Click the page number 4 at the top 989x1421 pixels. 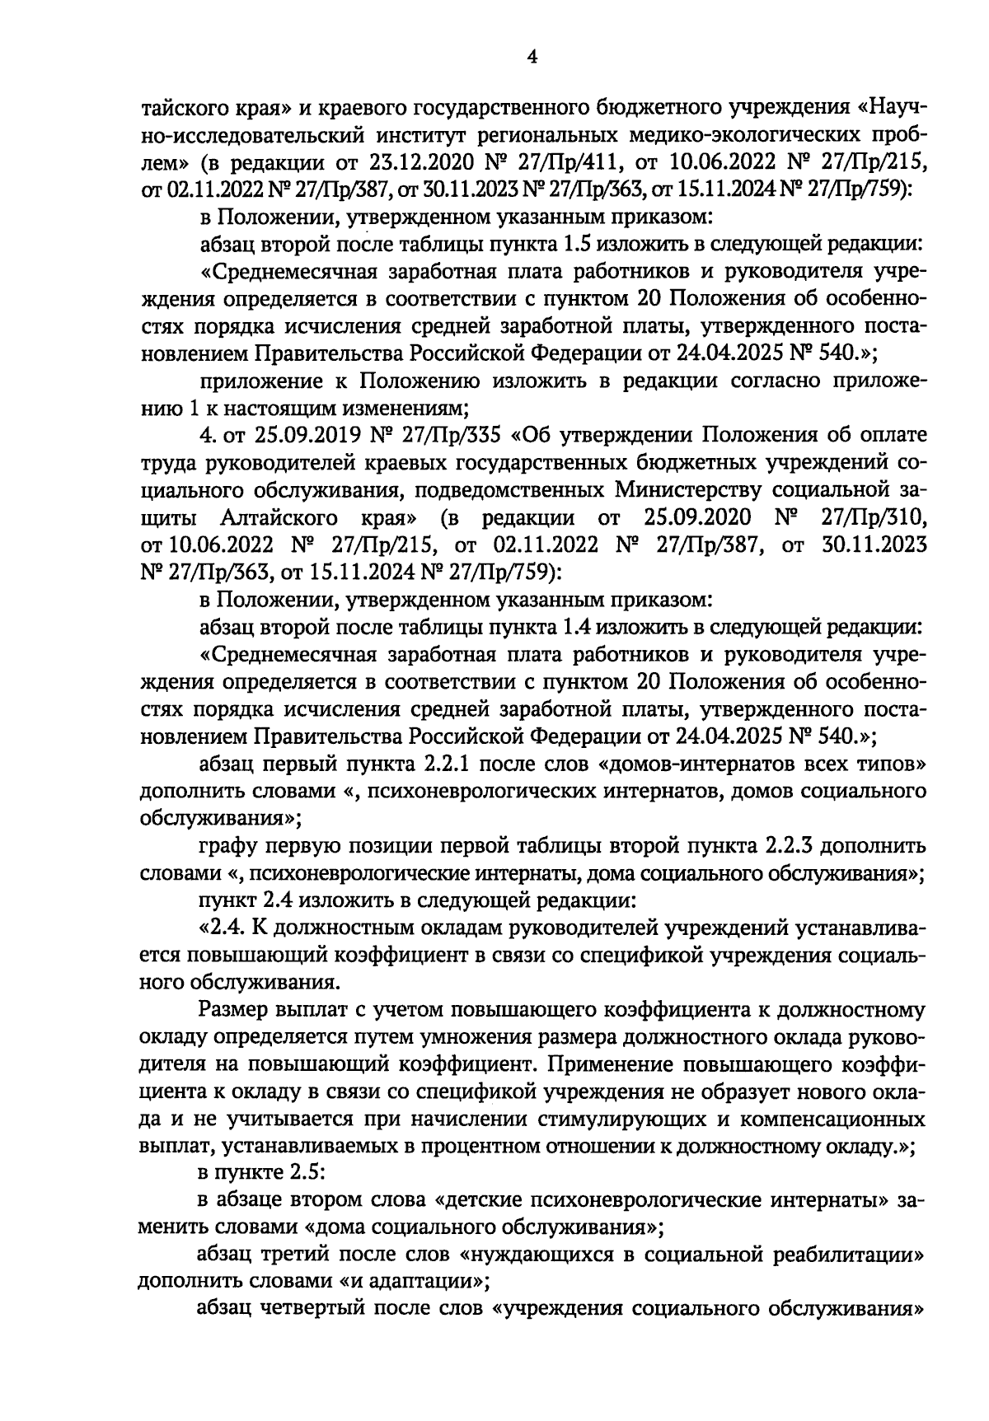click(x=532, y=57)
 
